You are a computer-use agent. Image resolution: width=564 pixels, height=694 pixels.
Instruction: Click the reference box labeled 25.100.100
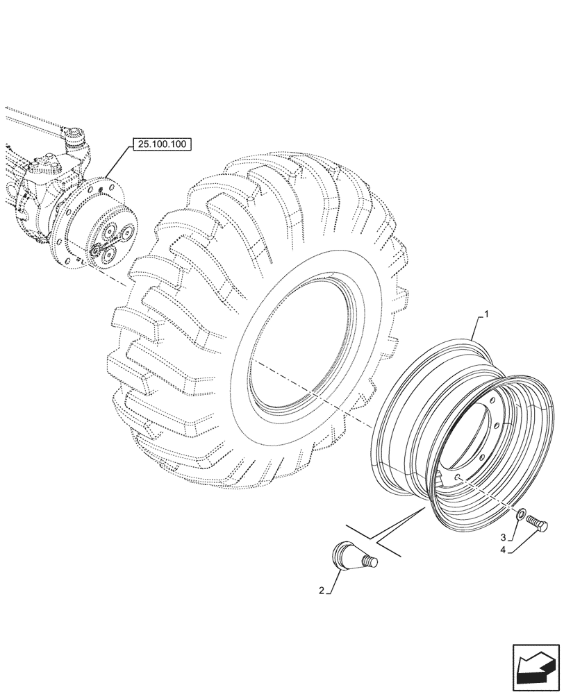[160, 144]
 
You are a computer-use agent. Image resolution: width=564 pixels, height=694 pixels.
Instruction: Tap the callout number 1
[486, 315]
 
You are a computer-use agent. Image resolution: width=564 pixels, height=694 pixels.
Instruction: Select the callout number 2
[322, 591]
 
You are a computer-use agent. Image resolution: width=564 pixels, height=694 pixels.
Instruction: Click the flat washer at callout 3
[520, 515]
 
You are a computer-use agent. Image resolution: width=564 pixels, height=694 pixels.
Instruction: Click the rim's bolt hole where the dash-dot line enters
[459, 477]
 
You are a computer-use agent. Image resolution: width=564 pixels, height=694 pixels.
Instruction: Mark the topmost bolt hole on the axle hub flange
[103, 185]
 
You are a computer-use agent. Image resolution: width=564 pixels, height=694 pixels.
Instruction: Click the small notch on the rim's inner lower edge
[440, 474]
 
